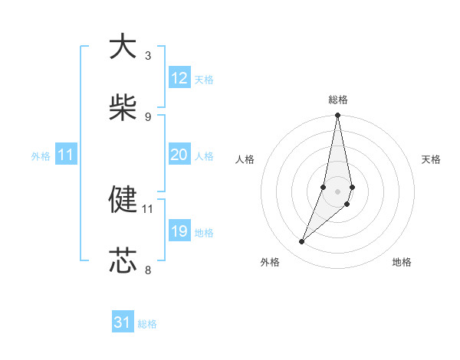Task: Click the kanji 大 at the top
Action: click(123, 47)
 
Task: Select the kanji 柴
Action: click(123, 106)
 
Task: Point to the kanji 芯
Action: click(123, 260)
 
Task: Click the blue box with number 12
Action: click(179, 78)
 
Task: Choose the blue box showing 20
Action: click(179, 155)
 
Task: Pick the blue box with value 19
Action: click(179, 231)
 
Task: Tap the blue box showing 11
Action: click(66, 155)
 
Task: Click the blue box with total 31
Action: click(123, 322)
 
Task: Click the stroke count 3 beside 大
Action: click(147, 56)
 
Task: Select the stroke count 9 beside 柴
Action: click(147, 116)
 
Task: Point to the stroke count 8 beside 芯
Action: click(147, 270)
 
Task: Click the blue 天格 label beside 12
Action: click(204, 80)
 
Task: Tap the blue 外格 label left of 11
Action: click(41, 155)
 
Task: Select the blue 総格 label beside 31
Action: click(147, 324)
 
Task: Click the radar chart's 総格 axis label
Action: click(338, 100)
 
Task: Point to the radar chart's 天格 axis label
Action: click(431, 159)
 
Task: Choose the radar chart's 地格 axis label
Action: click(402, 262)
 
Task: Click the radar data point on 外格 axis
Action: click(302, 242)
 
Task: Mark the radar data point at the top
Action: click(338, 116)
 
